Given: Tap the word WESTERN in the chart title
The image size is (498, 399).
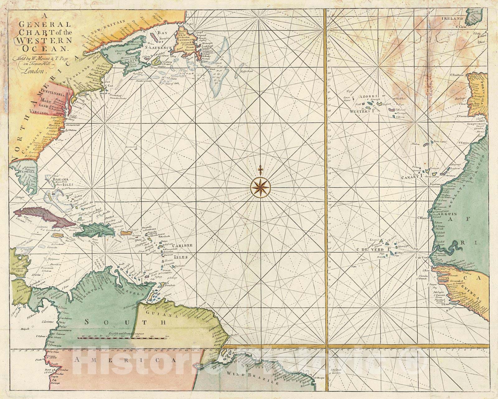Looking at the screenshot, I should [41, 40].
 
